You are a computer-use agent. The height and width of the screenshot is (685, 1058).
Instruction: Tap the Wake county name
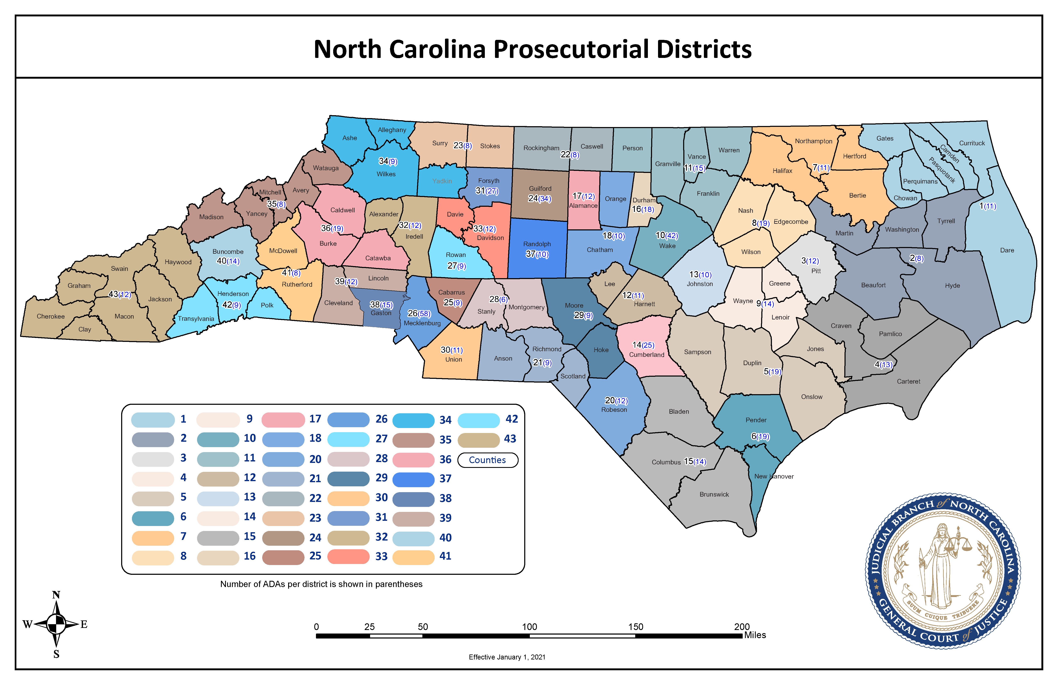point(667,246)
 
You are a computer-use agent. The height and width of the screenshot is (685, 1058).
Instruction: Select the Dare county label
point(1007,250)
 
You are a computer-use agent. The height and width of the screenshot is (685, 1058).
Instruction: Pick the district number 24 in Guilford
point(533,198)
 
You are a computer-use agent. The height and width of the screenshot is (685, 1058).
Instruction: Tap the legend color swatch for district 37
point(413,479)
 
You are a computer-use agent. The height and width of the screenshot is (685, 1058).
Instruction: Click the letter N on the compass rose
point(56,595)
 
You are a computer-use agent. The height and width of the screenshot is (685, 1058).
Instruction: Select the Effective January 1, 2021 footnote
point(507,657)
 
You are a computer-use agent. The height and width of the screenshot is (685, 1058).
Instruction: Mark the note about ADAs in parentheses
point(321,584)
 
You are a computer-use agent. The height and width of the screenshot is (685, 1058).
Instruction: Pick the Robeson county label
point(614,410)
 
